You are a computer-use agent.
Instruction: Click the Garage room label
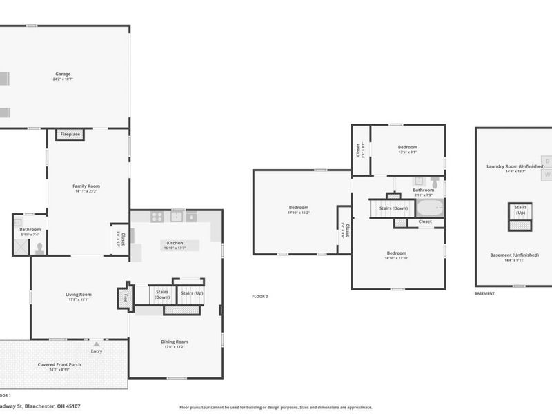[63, 74]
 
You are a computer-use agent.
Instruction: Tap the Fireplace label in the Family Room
[70, 134]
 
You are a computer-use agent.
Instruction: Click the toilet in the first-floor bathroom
[39, 246]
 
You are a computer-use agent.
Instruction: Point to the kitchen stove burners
[157, 216]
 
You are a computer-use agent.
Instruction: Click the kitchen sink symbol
[177, 216]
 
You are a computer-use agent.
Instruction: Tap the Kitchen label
[174, 243]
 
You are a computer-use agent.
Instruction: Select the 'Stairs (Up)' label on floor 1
[191, 293]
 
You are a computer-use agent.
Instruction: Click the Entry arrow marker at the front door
[97, 343]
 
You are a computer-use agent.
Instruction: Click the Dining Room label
[174, 342]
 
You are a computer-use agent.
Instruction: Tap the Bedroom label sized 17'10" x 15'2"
[298, 207]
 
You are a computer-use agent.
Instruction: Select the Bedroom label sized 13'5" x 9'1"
[407, 147]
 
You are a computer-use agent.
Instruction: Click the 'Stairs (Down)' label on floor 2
[390, 208]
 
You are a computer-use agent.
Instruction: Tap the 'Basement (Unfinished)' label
[514, 255]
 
